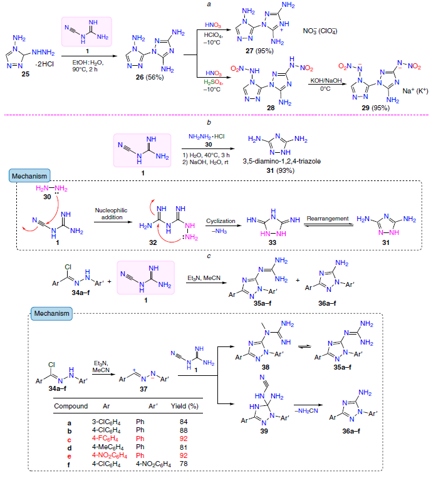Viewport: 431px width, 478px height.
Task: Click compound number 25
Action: click(x=25, y=74)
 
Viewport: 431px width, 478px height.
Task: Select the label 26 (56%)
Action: click(x=150, y=78)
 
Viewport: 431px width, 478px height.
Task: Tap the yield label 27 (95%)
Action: click(x=259, y=51)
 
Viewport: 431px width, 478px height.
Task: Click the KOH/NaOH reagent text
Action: click(x=326, y=81)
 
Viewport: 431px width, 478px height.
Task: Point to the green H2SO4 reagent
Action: click(x=214, y=82)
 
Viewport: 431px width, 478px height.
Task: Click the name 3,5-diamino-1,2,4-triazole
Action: click(x=282, y=161)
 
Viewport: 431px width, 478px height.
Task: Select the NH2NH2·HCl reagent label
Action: click(x=206, y=137)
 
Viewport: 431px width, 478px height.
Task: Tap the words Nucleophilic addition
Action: click(x=112, y=214)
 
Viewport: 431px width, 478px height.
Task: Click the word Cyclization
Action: click(x=221, y=221)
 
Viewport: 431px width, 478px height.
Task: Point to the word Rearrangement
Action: click(x=328, y=219)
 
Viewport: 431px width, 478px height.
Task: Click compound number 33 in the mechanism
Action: click(x=273, y=242)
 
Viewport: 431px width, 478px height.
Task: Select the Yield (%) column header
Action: click(x=185, y=407)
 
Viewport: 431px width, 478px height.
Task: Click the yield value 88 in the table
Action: click(x=184, y=430)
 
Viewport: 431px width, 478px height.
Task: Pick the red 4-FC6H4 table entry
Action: click(x=105, y=439)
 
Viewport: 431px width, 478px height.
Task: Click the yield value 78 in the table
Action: click(x=184, y=464)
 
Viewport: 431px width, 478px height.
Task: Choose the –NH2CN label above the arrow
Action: click(x=306, y=411)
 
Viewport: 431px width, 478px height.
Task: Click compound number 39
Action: click(x=264, y=431)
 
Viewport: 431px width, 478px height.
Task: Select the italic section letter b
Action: click(x=209, y=122)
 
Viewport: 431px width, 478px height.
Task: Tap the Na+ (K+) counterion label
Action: click(x=415, y=91)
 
